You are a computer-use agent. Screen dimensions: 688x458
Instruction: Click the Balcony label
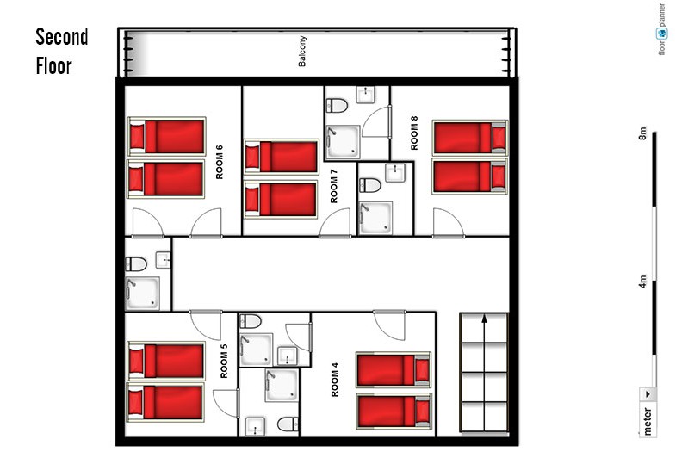coord(302,52)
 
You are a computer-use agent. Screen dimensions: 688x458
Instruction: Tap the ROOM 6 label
coord(220,162)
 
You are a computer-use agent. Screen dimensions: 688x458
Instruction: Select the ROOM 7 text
coord(334,186)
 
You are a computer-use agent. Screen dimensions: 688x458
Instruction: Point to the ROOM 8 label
coord(414,133)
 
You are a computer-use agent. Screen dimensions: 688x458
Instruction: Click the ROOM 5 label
coord(224,361)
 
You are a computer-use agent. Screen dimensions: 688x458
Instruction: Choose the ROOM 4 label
coord(335,380)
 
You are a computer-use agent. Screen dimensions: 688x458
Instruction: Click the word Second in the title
coord(62,37)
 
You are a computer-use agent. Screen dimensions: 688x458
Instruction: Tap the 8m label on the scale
coord(642,133)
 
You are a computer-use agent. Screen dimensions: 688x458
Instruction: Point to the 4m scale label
coord(642,282)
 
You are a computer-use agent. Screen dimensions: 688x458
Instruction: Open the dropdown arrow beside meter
coord(648,394)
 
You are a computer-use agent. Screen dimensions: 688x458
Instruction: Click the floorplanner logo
coord(661,29)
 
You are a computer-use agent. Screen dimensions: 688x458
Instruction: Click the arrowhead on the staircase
coord(484,318)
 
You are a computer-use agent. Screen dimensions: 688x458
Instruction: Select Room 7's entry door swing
coord(335,223)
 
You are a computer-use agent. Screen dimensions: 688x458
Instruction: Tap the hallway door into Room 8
coord(448,223)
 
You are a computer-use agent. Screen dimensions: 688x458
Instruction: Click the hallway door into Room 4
coord(389,325)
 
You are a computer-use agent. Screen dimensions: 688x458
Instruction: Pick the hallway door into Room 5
coord(206,325)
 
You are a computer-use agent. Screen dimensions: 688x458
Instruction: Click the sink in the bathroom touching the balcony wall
coord(365,95)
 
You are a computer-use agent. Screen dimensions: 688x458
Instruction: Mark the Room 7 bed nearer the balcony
coord(282,156)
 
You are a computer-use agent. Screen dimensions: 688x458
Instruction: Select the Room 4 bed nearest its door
coord(394,370)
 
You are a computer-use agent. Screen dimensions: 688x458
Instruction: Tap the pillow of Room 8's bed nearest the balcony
coord(499,137)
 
